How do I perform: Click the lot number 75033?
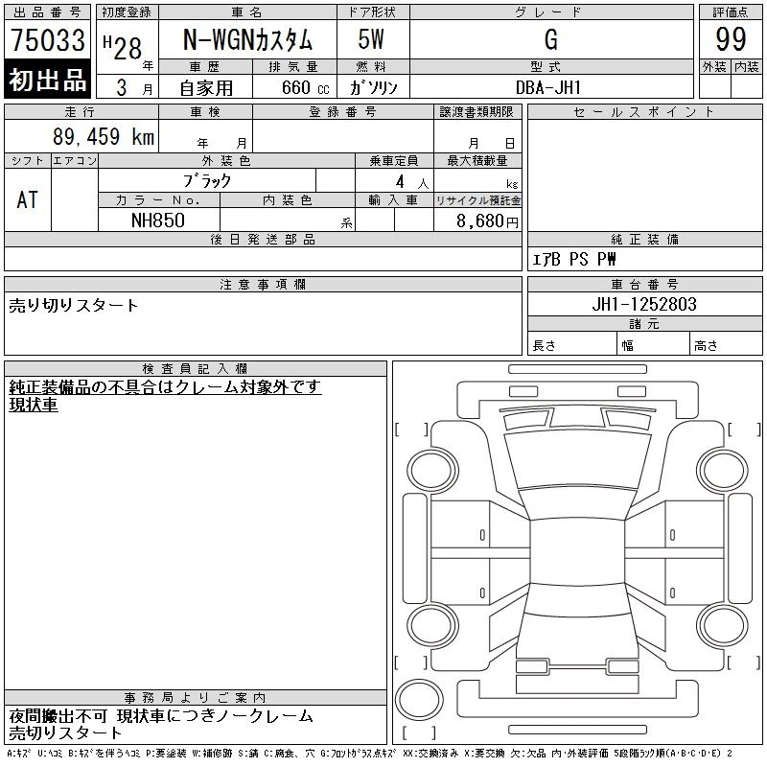[48, 39]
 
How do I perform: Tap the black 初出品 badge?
[47, 80]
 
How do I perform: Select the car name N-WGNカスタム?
[247, 39]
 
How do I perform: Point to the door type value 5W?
[371, 39]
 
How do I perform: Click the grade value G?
[550, 39]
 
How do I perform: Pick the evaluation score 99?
[731, 39]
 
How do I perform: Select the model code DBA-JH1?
[548, 87]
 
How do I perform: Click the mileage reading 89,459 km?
[104, 136]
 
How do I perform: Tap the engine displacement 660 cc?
[306, 87]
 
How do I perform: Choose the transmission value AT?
[28, 199]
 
